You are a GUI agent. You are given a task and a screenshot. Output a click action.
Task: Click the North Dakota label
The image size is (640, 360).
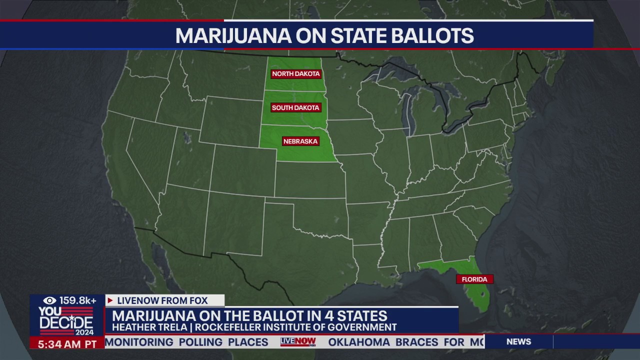point(296,74)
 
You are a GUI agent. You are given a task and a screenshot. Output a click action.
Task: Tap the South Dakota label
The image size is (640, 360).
point(296,107)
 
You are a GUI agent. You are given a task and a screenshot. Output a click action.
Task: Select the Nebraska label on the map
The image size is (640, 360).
point(300,141)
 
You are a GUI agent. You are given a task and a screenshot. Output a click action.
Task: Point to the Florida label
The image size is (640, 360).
point(474,279)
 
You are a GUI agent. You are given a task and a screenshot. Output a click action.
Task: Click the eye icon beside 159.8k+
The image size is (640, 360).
point(49,300)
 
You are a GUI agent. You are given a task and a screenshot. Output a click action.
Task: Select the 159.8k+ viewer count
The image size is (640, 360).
point(78,300)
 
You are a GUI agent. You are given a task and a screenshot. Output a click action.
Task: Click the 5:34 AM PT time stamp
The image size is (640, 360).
point(67,344)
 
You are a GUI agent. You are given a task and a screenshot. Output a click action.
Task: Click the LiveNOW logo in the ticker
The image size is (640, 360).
point(298,342)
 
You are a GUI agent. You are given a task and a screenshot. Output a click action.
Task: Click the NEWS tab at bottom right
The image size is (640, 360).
point(518,342)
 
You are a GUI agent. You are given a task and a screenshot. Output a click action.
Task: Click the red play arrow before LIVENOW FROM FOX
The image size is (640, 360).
point(110,300)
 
